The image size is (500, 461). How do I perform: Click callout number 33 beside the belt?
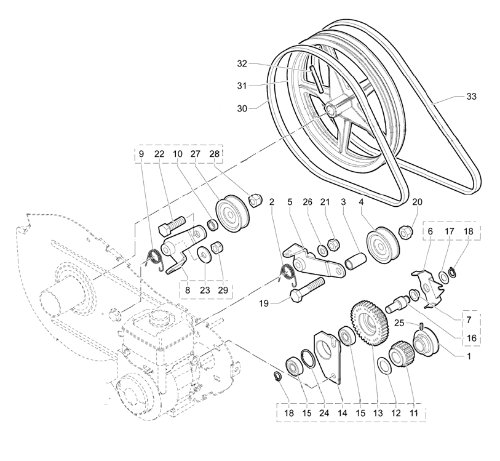[x=471, y=97]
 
